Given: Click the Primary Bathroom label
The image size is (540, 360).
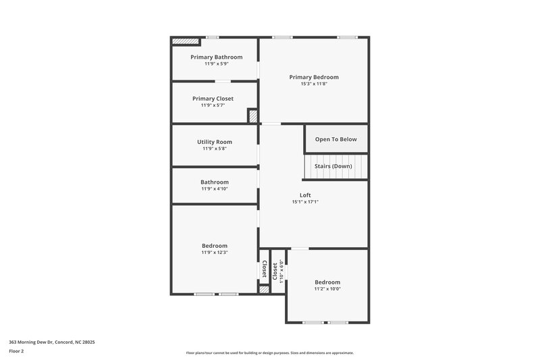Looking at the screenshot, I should pos(216,57).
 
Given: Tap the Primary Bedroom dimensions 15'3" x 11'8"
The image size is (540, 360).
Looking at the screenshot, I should pos(314,84).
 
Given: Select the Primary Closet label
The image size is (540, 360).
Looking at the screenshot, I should pos(213,99).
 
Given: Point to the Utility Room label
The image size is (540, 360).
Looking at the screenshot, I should pos(215,142).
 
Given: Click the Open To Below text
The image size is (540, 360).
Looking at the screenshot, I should pos(336,139).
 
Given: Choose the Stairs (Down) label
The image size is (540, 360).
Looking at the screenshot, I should pos(333,166).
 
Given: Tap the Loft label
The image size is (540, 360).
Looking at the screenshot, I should pos(305,195).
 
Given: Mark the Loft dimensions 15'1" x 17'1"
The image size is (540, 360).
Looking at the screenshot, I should pos(305,202).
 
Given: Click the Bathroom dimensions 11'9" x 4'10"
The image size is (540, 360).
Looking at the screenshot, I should pos(215,189).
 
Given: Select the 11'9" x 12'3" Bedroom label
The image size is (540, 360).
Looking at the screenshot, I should pos(215,246).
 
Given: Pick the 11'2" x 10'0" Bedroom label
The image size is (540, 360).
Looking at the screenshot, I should pos(327,282).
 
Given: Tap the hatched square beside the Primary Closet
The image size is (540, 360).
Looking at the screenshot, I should pos(253,116).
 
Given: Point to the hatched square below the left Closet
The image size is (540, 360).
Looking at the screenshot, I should pos(264,289).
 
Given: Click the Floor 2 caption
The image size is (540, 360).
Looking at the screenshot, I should pos(17,351).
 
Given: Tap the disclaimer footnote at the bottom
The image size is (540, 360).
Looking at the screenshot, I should pos(270,353).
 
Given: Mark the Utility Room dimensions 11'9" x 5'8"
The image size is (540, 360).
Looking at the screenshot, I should pos(215,149).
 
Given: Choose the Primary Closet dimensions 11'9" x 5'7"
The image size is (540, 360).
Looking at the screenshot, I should pos(213,105).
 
